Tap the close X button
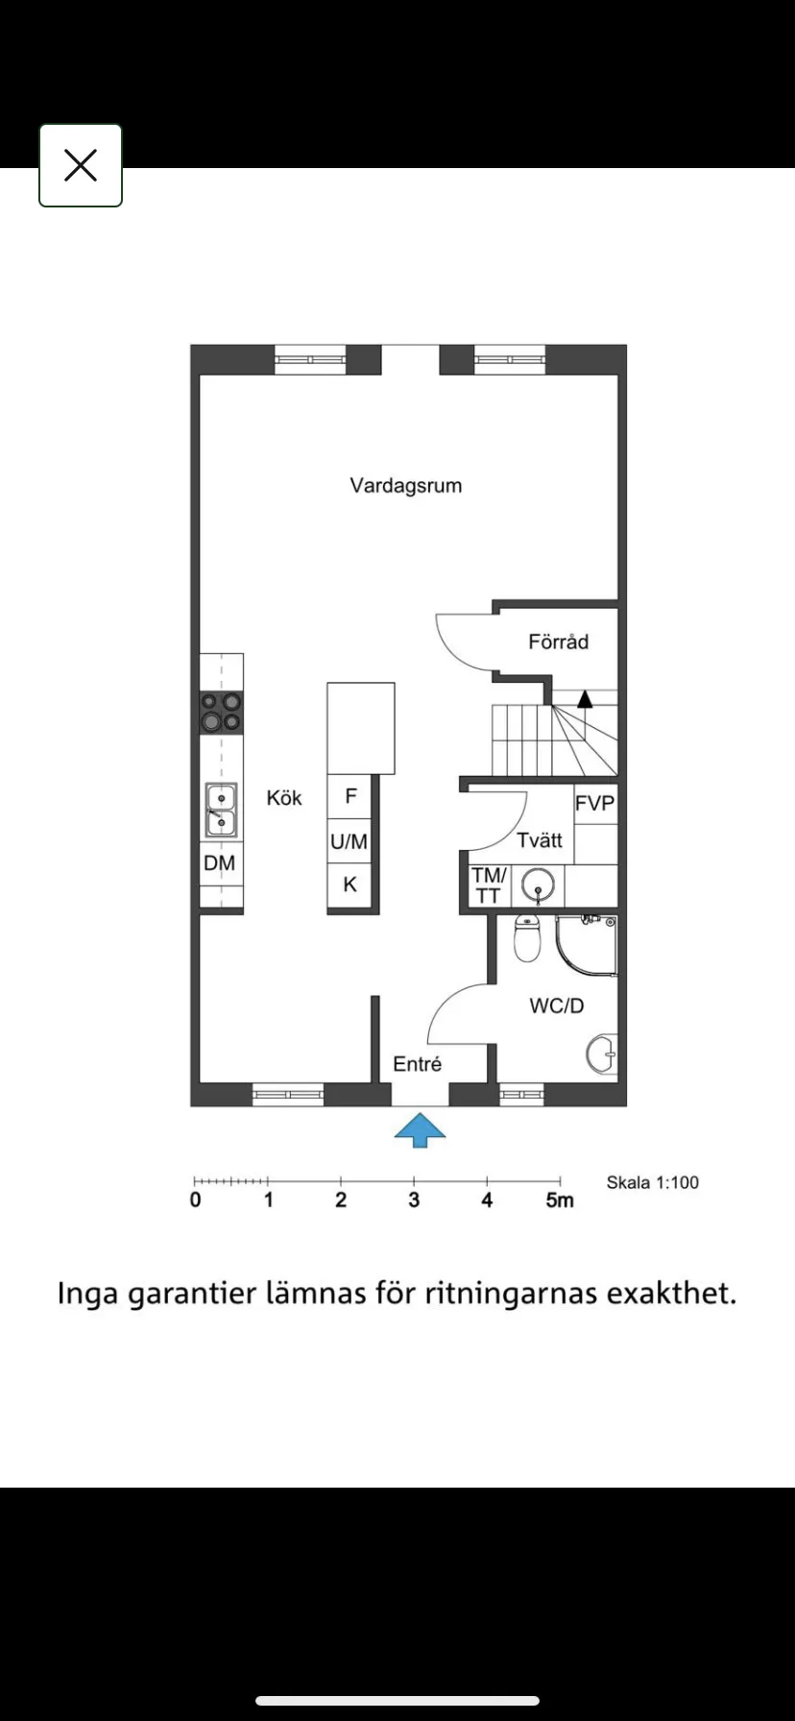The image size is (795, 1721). click(x=81, y=165)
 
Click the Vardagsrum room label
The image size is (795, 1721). click(x=405, y=485)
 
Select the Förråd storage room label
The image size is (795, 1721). click(x=558, y=642)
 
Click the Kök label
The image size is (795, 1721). click(x=284, y=798)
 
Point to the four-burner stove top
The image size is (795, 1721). click(x=221, y=713)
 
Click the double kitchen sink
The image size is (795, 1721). click(x=221, y=810)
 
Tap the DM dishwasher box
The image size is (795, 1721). click(x=220, y=863)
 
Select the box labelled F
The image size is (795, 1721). click(x=350, y=796)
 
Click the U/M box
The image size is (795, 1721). click(x=349, y=842)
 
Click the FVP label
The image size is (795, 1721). click(x=595, y=804)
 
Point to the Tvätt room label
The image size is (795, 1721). click(x=539, y=840)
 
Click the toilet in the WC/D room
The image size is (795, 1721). click(x=527, y=938)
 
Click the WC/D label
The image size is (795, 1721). click(x=557, y=1006)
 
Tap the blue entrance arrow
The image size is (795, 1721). click(x=420, y=1130)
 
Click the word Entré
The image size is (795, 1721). click(x=417, y=1064)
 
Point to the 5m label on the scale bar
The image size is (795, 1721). click(x=560, y=1200)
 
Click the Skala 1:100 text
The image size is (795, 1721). click(x=652, y=1182)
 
